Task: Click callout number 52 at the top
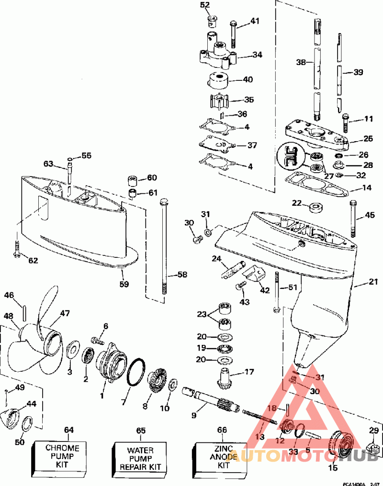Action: pyautogui.click(x=205, y=5)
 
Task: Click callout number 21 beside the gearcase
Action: pyautogui.click(x=373, y=283)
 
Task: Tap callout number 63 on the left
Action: pyautogui.click(x=48, y=164)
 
